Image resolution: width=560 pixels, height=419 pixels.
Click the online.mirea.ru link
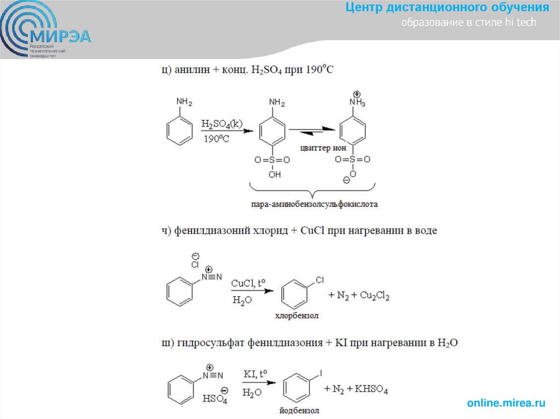coord(506,403)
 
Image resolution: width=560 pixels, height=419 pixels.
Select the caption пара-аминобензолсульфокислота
coord(311,204)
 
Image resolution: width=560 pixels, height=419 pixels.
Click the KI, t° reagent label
coord(255,375)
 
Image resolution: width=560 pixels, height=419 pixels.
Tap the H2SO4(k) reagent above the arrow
coord(221,124)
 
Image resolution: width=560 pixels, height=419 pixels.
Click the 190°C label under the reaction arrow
coord(217,139)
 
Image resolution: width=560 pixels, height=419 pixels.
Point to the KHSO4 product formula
coord(371,390)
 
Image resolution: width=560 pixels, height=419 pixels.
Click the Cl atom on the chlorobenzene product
coord(320,280)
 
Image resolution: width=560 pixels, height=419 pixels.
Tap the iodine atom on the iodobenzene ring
coord(321,373)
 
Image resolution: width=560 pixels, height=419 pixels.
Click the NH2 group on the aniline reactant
coord(184,102)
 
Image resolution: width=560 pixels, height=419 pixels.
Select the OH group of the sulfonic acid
coord(274,175)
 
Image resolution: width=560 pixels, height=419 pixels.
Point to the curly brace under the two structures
coord(312,191)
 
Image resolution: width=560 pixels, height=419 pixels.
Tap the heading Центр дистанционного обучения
coord(447,8)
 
